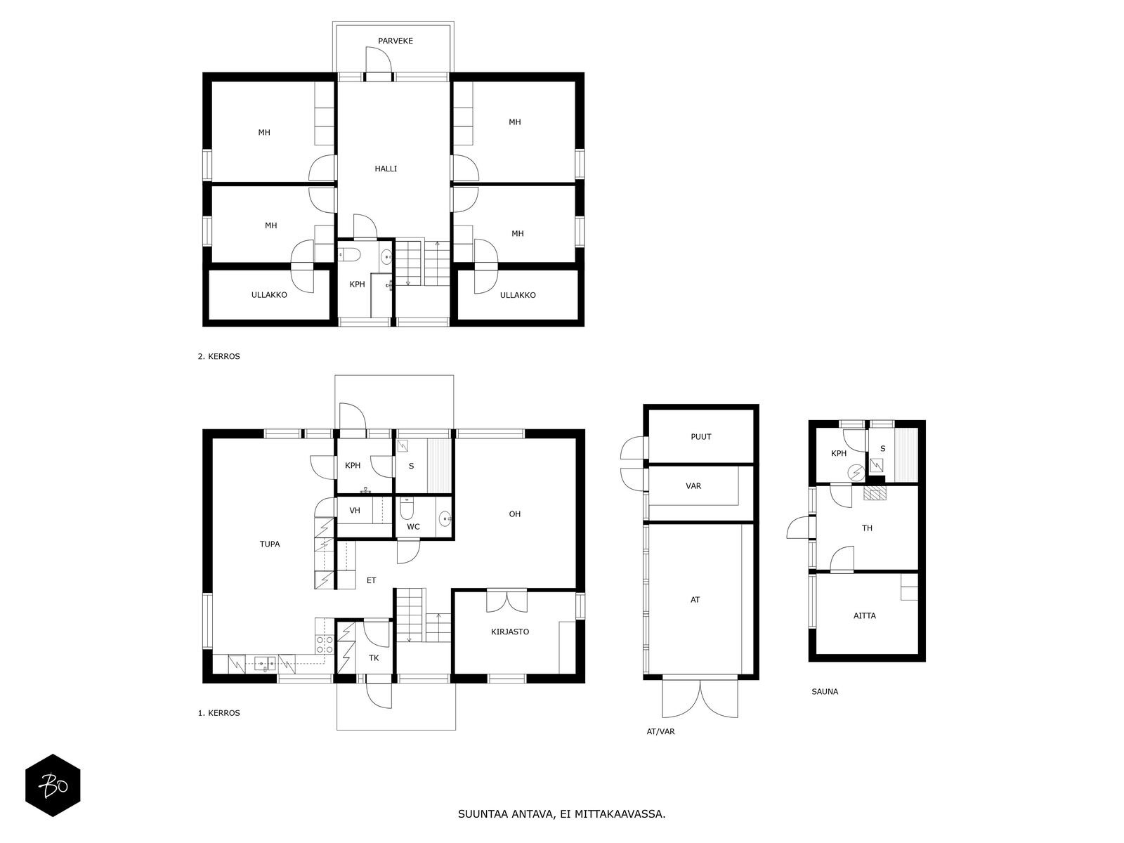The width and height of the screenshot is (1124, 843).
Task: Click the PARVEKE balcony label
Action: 395,41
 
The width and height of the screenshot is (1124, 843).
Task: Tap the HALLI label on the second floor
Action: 386,169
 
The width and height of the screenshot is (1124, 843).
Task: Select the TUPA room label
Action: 269,544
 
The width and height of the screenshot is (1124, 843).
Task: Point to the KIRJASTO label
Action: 509,632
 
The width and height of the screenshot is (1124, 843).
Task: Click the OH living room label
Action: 515,514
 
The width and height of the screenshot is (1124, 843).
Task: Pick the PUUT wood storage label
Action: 700,436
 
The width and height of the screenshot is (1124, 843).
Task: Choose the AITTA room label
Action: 864,616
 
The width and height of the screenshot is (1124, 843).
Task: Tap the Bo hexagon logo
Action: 53,785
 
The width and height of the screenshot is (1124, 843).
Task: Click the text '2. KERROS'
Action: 218,356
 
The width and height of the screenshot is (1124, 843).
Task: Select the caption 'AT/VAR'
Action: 660,731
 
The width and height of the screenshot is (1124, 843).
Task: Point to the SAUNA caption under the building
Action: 825,691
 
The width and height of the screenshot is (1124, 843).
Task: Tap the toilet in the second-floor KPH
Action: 351,254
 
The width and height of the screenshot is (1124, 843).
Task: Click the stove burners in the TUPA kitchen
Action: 324,644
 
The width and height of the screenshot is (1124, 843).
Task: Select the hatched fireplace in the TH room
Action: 875,493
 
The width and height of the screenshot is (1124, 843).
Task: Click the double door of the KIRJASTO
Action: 507,602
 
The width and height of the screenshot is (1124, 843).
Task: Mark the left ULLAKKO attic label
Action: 269,295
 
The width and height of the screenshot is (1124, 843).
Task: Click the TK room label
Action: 374,658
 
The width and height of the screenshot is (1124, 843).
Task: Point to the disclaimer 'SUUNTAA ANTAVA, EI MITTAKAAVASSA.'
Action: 561,813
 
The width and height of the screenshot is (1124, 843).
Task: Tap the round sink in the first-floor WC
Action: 445,519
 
